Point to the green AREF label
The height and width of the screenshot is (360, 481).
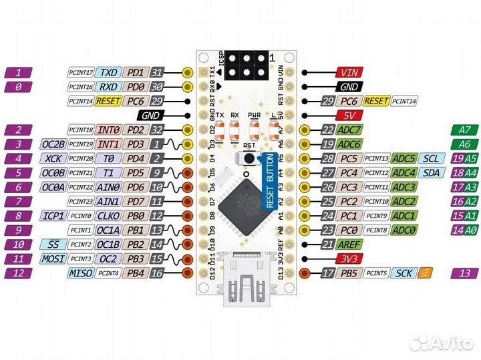click(350, 244)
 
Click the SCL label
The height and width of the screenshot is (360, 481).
click(432, 158)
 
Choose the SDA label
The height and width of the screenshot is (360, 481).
click(432, 172)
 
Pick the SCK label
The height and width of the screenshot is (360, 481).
click(404, 273)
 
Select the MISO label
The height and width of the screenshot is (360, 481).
click(79, 273)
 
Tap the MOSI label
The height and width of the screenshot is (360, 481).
click(54, 258)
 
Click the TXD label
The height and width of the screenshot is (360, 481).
click(108, 73)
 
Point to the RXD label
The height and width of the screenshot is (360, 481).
click(108, 87)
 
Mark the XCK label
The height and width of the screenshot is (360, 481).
click(54, 158)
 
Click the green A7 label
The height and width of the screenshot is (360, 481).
click(465, 130)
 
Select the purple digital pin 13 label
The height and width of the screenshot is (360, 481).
click(465, 273)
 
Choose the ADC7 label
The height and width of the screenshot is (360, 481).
click(350, 130)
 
